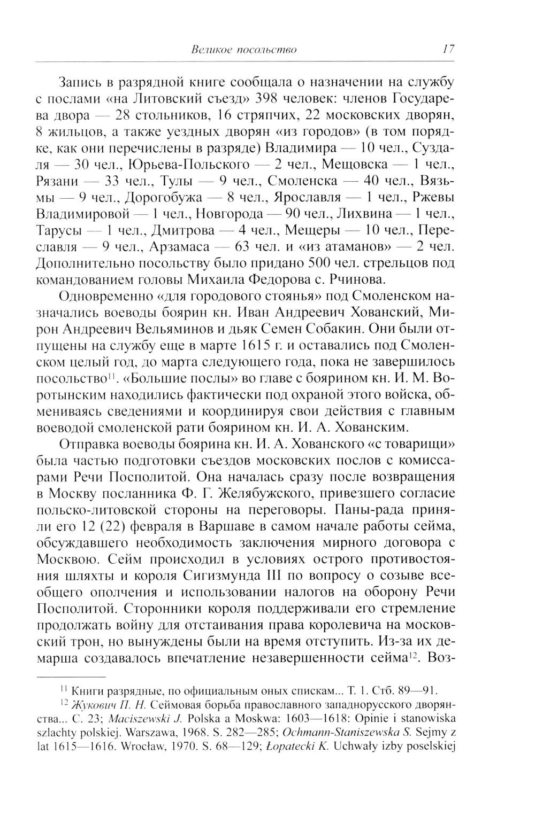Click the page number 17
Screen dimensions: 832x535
[x=448, y=50]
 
